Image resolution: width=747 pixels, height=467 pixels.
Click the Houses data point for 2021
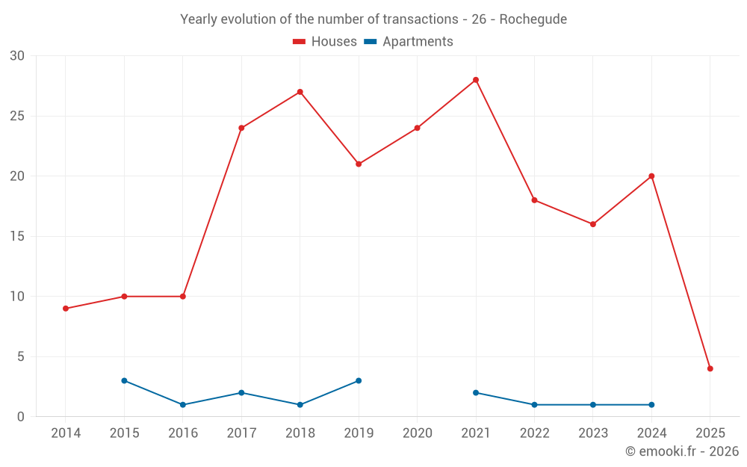click(x=476, y=80)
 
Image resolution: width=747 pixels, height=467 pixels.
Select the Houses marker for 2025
click(x=710, y=368)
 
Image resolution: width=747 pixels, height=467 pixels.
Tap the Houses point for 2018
click(x=300, y=92)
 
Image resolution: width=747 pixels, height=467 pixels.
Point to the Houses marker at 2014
click(x=66, y=309)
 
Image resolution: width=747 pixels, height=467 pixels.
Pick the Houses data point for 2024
click(x=651, y=176)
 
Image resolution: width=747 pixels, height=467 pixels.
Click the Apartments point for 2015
click(x=124, y=380)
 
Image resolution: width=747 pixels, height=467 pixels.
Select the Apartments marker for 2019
click(x=359, y=380)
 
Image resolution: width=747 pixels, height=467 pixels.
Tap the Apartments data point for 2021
click(x=476, y=392)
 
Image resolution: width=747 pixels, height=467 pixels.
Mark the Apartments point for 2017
click(x=241, y=392)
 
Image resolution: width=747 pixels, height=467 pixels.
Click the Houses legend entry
click(x=325, y=42)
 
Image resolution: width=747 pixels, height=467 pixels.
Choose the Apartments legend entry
click(x=409, y=42)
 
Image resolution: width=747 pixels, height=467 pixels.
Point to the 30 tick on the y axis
click(x=17, y=56)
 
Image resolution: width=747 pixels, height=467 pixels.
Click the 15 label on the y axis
click(x=17, y=236)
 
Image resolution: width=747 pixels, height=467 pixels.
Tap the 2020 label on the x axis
click(x=417, y=433)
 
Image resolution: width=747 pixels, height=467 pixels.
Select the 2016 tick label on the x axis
click(x=183, y=433)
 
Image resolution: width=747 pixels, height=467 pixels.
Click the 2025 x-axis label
click(x=710, y=433)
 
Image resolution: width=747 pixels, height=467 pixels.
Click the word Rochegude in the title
click(x=533, y=19)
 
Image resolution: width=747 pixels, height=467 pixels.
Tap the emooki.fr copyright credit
click(x=682, y=451)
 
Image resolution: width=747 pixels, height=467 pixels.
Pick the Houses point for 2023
click(x=593, y=224)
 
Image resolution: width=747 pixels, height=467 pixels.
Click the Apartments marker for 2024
click(x=651, y=404)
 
